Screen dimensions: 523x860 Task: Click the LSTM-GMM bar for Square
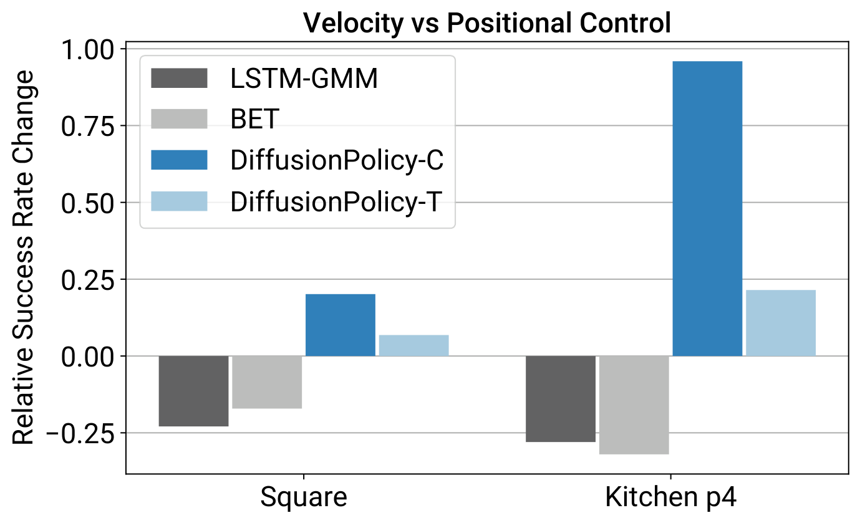pos(193,391)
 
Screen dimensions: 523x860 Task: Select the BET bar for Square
pos(267,382)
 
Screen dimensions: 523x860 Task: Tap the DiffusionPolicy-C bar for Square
pos(341,325)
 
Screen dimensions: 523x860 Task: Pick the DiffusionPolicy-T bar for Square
pos(413,345)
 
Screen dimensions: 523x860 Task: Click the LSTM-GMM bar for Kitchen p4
pos(561,399)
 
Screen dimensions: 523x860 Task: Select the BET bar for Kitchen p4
pos(634,405)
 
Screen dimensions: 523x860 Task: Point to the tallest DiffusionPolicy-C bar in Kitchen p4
pos(707,208)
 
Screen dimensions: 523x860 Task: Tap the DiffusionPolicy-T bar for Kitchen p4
pos(781,323)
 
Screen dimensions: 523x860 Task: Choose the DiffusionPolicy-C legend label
pos(337,160)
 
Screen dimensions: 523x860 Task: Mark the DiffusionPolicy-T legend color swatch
pos(179,201)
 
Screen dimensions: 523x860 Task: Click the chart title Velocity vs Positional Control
pos(487,24)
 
